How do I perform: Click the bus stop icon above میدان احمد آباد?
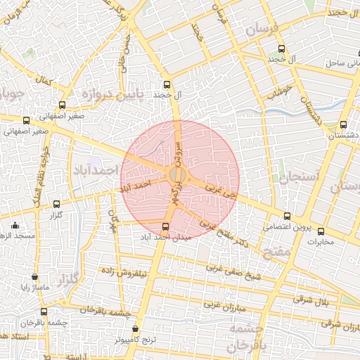pos(165,226)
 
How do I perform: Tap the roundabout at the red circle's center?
pos(177,174)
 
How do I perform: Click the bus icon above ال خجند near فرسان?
pos(282,49)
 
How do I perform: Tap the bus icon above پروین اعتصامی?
pos(287,216)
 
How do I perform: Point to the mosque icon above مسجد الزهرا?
pos(15,226)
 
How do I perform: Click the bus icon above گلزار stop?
pos(56,204)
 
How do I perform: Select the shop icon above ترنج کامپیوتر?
pos(135,328)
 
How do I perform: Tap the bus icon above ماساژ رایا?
pos(35,278)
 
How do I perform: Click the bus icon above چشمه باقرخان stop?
pos(44,311)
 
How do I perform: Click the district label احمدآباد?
pos(95,171)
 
